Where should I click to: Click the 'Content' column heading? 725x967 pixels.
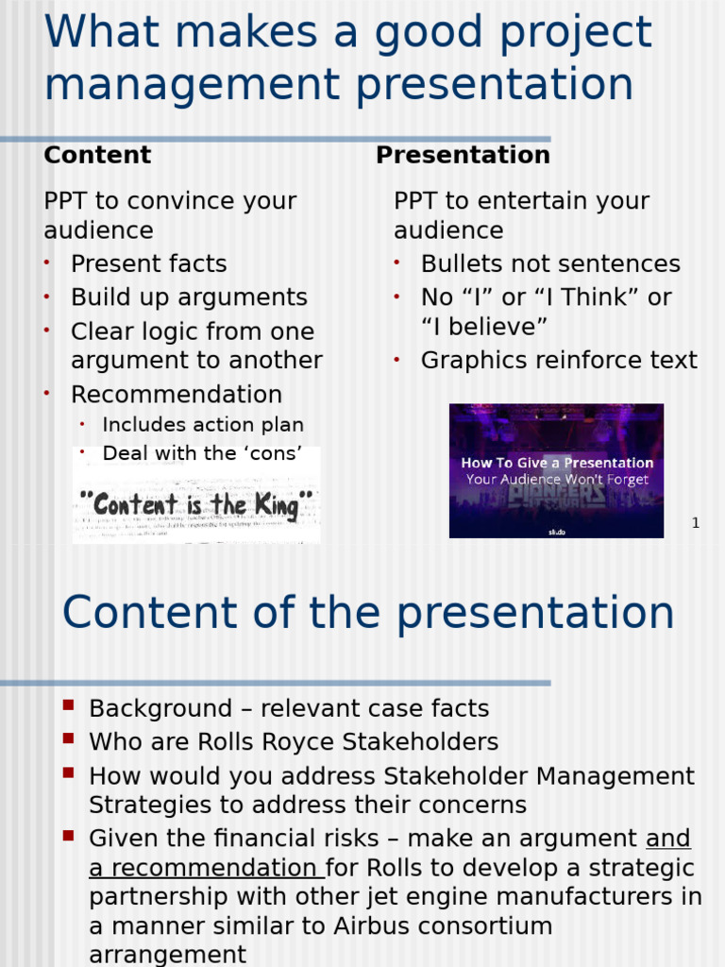click(97, 155)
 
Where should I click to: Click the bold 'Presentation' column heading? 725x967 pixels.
click(463, 155)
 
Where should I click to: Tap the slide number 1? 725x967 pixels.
click(695, 523)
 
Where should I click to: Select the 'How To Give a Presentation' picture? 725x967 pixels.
click(556, 471)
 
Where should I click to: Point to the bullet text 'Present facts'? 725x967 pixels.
click(148, 263)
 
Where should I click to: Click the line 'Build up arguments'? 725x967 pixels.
click(189, 297)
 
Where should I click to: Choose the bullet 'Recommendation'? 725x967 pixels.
click(177, 395)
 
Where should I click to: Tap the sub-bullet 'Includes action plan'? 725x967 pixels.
click(203, 425)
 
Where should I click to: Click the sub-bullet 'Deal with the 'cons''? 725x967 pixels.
click(202, 453)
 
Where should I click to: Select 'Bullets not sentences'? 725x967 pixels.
click(550, 263)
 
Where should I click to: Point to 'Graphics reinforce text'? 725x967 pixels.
click(559, 361)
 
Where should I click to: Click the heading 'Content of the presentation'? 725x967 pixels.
click(368, 614)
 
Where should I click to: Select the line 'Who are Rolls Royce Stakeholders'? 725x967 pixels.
click(294, 742)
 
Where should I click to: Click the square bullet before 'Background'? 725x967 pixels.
click(68, 705)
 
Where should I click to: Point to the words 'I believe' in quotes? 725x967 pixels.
click(484, 327)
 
